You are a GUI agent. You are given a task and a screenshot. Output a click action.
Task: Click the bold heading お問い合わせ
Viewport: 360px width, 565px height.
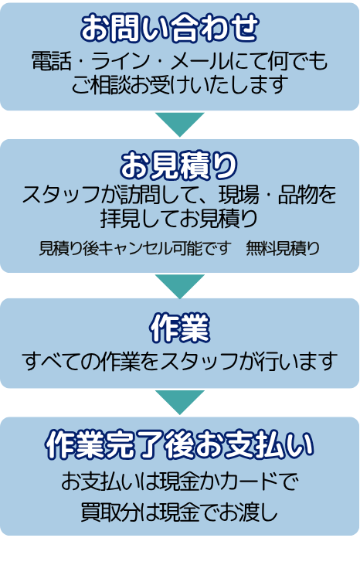click(x=169, y=28)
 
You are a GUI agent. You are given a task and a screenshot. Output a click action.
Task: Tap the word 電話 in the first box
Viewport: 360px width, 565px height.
click(x=52, y=60)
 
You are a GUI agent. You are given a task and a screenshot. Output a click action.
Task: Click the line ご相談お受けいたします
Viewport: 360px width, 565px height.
click(x=179, y=85)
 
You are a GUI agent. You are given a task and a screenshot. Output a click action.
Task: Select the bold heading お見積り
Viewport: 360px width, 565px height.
click(x=179, y=165)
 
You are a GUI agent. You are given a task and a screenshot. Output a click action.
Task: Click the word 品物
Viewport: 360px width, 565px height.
click(x=297, y=195)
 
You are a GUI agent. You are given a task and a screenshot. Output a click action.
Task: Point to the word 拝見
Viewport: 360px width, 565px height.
click(x=120, y=219)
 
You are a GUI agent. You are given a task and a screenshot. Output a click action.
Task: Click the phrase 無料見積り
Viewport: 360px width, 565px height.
click(x=283, y=248)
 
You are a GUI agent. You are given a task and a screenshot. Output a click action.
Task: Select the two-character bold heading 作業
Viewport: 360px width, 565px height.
click(x=180, y=328)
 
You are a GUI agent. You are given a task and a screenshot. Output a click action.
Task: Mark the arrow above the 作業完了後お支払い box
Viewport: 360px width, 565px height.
click(x=180, y=402)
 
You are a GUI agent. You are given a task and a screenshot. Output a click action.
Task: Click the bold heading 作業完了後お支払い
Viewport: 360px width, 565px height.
click(x=180, y=444)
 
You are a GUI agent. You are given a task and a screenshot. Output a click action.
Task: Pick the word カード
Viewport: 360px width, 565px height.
click(x=249, y=481)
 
